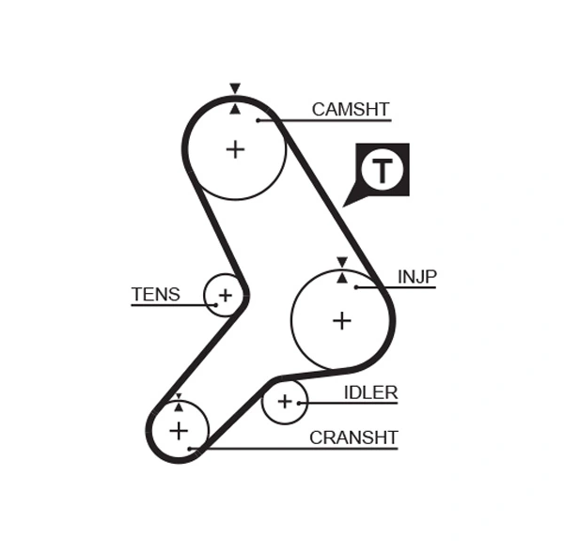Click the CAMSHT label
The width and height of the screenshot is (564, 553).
click(350, 110)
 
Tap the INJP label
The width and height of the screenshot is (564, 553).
click(416, 277)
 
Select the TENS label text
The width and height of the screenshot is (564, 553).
click(155, 295)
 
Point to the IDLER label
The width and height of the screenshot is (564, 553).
click(370, 392)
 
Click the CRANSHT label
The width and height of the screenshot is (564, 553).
click(353, 438)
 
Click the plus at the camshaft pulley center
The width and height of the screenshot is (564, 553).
click(235, 148)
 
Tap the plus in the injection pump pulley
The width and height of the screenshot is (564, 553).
click(341, 321)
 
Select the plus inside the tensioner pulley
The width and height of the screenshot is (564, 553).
click(225, 296)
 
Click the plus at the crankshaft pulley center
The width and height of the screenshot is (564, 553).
click(179, 431)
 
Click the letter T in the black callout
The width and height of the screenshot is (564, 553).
click(382, 171)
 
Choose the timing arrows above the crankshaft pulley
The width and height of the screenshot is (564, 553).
click(179, 402)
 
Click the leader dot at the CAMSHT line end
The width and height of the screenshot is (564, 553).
click(257, 120)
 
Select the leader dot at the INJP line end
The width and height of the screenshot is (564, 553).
click(356, 286)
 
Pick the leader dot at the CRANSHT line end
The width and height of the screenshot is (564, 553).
click(190, 448)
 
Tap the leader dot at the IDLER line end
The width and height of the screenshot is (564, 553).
click(299, 403)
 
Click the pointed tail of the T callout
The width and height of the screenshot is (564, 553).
click(346, 204)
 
